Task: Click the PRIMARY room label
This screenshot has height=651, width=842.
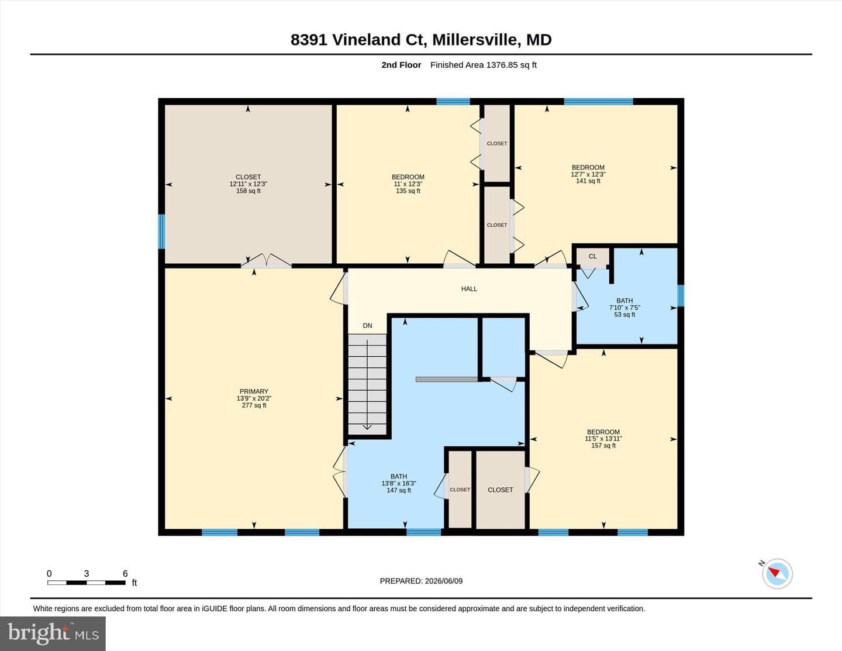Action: (254, 391)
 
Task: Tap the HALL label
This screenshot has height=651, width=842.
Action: (469, 289)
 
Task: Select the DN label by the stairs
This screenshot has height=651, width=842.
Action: (367, 325)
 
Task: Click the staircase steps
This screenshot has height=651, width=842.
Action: (367, 384)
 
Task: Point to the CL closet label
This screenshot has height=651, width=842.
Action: (592, 256)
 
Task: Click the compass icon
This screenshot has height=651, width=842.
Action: (777, 574)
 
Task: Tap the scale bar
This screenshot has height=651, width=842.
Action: (87, 583)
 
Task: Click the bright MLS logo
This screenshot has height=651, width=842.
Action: (53, 633)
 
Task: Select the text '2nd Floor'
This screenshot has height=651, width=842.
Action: (401, 65)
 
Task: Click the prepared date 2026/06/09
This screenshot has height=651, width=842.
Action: (444, 581)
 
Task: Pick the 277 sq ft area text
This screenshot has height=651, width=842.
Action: (254, 405)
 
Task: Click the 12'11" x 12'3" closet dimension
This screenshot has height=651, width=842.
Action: (249, 184)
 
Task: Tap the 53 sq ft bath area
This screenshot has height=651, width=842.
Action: (624, 315)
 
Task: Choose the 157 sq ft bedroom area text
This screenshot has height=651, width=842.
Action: (603, 446)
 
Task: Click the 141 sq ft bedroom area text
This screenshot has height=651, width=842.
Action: (588, 181)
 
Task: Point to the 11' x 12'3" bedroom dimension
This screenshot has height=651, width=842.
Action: (408, 184)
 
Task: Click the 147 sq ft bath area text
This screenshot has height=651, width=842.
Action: (399, 490)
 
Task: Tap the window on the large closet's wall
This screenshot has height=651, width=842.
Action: (161, 232)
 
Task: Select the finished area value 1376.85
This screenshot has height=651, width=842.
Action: (502, 65)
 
